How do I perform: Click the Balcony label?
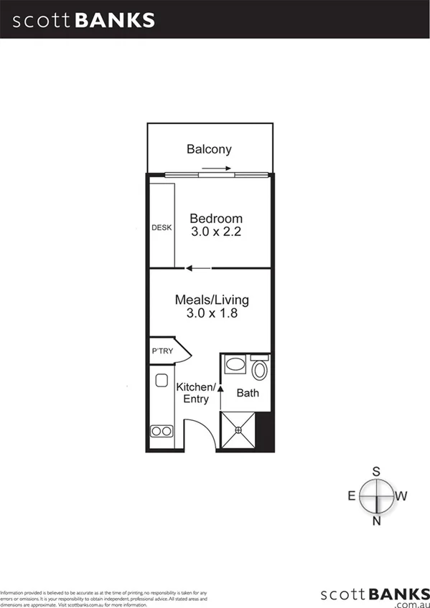(209, 149)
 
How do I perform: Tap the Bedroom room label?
(215, 218)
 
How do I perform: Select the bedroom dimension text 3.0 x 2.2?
(215, 232)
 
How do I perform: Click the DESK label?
(162, 228)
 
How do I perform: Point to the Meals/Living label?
(212, 300)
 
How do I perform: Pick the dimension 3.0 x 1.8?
(212, 313)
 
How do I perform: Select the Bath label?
(248, 393)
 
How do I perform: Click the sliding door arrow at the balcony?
(216, 169)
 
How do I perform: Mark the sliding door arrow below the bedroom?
(198, 269)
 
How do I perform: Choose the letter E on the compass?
(352, 495)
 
